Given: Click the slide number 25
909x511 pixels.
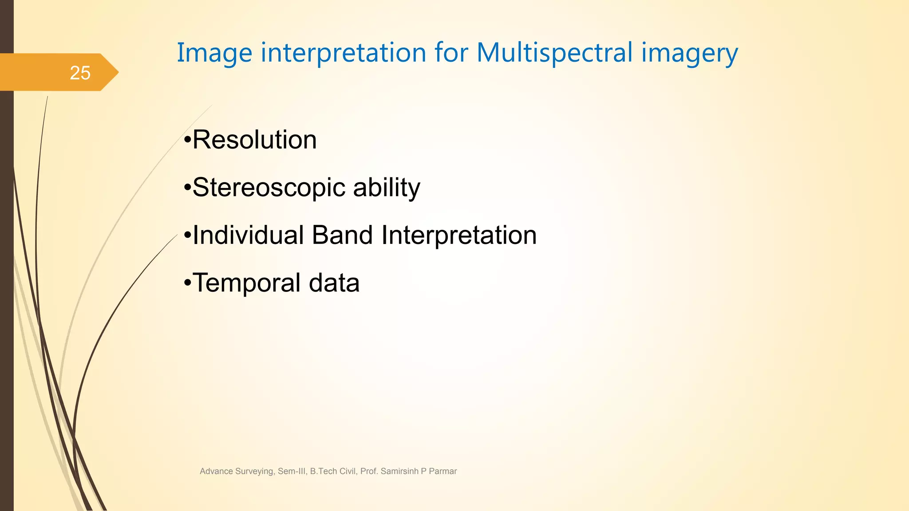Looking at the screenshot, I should (80, 73).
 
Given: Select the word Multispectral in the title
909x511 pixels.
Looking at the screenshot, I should (554, 53).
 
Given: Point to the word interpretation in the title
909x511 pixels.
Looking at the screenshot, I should (344, 53).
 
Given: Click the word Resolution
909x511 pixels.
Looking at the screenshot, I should (254, 140).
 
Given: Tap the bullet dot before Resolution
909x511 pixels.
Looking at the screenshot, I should (187, 141).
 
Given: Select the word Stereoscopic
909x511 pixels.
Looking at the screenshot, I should (269, 188).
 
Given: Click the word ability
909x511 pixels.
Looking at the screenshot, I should (387, 188).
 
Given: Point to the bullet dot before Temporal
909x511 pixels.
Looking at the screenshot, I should (187, 283).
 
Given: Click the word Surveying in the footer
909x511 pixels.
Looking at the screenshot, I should (255, 472).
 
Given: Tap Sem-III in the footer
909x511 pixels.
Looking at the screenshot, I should (292, 471).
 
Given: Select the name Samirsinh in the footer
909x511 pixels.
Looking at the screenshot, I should (399, 471).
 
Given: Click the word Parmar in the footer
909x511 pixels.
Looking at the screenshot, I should (443, 471).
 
